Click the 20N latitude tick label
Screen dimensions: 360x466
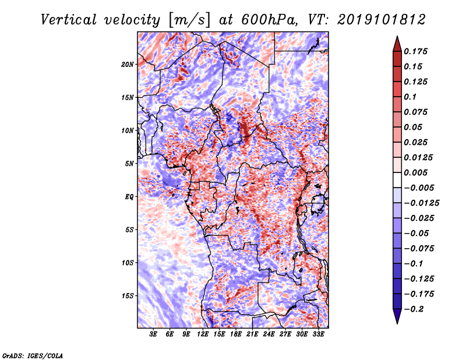click(128, 64)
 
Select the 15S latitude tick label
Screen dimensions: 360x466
click(128, 296)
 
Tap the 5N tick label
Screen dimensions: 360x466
click(129, 164)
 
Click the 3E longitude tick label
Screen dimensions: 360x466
click(154, 335)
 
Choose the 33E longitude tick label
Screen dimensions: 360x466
click(319, 335)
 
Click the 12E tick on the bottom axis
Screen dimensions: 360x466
click(203, 335)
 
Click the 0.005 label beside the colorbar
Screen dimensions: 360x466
click(418, 172)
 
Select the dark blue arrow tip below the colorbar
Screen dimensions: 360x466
click(396, 318)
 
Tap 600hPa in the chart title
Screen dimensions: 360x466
click(267, 20)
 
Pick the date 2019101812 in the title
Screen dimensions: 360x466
click(380, 20)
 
